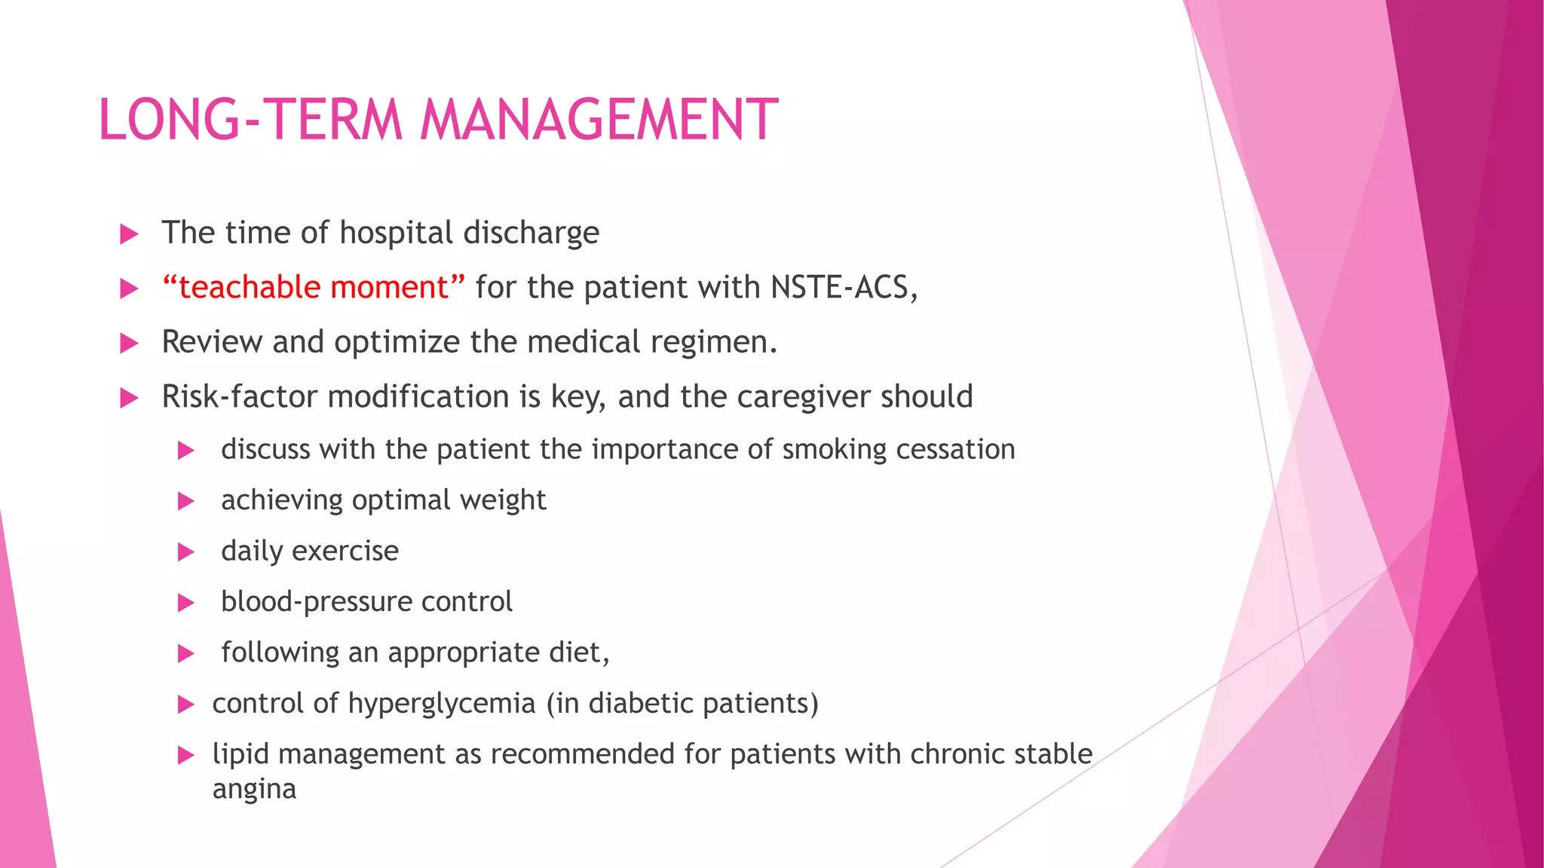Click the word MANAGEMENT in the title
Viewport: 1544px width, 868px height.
pyautogui.click(x=599, y=120)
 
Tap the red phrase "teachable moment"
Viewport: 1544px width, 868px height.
pyautogui.click(x=314, y=287)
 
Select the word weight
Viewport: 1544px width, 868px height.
pyautogui.click(x=503, y=500)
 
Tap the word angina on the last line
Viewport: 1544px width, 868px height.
pyautogui.click(x=254, y=790)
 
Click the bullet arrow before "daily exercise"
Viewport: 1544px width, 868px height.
pyautogui.click(x=185, y=552)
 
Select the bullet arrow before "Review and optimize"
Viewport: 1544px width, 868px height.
pyautogui.click(x=129, y=344)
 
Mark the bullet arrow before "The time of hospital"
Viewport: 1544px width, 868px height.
pyautogui.click(x=129, y=234)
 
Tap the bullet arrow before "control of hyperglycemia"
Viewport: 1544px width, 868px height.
pyautogui.click(x=185, y=704)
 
